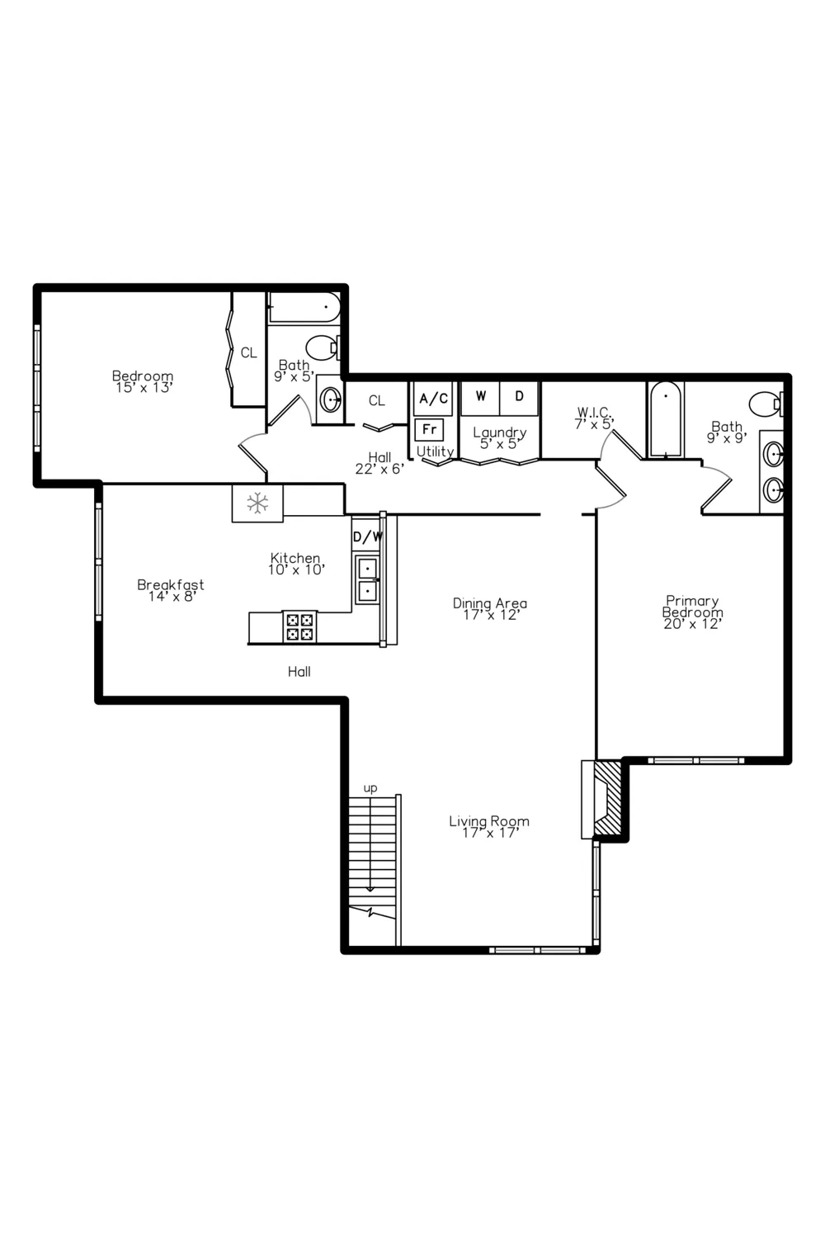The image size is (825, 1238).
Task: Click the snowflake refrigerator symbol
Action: pos(257,503)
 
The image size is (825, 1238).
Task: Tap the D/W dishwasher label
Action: pos(367,536)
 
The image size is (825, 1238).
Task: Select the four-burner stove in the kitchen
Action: pos(299,626)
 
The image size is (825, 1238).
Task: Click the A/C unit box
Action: pos(433,399)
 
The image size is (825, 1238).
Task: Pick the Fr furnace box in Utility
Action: pos(429,429)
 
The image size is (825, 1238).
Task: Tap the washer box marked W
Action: pos(481,398)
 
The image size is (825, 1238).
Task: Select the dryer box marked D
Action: pos(519,398)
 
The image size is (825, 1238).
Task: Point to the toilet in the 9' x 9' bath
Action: pos(766,404)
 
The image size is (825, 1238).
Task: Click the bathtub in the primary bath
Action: pos(666,419)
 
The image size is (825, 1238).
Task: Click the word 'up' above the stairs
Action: pos(370,788)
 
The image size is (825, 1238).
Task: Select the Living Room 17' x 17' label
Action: pos(489,827)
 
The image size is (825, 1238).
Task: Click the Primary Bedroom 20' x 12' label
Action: pos(692,612)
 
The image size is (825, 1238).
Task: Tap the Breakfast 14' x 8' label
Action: pos(171,590)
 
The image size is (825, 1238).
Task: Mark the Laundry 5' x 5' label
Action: pos(499,437)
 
